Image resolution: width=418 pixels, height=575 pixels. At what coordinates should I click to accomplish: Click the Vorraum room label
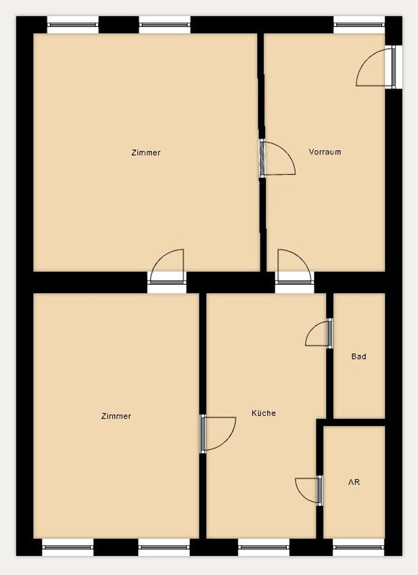[325, 152]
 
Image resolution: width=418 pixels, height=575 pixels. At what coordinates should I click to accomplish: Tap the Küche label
[264, 413]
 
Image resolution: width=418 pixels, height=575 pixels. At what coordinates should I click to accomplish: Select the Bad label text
[358, 356]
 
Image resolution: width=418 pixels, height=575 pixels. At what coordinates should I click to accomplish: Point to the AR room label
[354, 482]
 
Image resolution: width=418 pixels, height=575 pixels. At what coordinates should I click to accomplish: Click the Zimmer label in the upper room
[146, 153]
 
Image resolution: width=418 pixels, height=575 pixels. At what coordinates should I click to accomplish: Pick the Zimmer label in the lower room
[116, 416]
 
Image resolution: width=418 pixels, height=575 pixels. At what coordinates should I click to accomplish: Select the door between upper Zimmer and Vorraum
[277, 158]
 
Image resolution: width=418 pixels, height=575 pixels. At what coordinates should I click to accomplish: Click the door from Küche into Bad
[319, 333]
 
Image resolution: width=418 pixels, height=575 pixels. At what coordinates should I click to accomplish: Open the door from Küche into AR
[308, 490]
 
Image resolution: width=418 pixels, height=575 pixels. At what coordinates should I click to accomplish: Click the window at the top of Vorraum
[359, 25]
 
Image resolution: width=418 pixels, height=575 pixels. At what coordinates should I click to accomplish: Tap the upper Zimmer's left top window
[73, 25]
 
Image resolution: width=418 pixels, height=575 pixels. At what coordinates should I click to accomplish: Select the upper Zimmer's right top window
[164, 25]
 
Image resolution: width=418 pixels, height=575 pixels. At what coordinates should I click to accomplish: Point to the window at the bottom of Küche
[264, 547]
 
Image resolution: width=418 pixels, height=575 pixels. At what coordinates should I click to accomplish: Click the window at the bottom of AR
[358, 547]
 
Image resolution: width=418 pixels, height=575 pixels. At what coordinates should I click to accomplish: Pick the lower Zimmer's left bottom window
[68, 547]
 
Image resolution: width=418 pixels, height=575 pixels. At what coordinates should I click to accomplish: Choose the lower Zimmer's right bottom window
[164, 547]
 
